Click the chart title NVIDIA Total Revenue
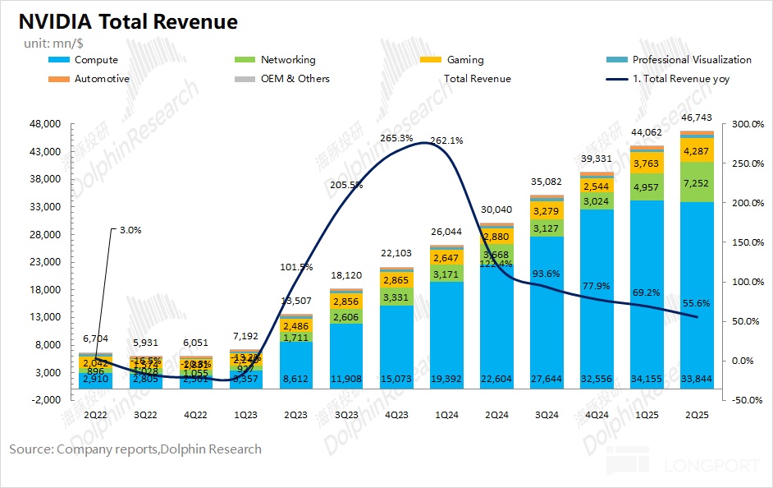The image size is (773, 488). (x=123, y=22)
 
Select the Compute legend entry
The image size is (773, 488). (x=96, y=60)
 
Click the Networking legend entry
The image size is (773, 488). (x=287, y=60)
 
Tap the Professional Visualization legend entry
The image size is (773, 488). (x=692, y=60)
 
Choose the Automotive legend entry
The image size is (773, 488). (x=102, y=79)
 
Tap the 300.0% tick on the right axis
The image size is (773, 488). (x=748, y=124)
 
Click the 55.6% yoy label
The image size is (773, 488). (x=697, y=304)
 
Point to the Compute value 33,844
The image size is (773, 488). (x=697, y=380)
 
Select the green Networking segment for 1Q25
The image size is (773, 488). (x=647, y=187)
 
